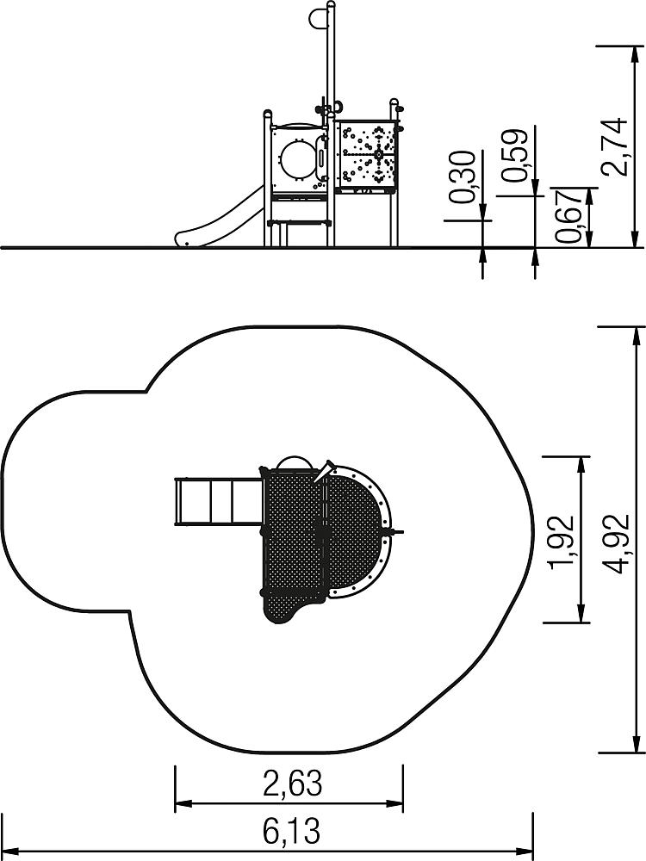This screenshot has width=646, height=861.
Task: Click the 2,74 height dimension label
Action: (613, 146)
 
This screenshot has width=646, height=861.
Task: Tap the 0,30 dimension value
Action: (462, 177)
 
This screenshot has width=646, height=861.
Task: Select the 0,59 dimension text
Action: (515, 156)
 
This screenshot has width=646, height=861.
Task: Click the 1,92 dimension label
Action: (562, 541)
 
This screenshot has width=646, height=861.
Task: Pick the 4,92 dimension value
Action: (615, 542)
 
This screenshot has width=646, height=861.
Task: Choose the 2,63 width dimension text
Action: (292, 783)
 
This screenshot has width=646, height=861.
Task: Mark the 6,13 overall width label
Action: (291, 832)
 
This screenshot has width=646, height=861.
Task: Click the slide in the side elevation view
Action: (219, 219)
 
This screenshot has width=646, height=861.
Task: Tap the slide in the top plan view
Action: (219, 501)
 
